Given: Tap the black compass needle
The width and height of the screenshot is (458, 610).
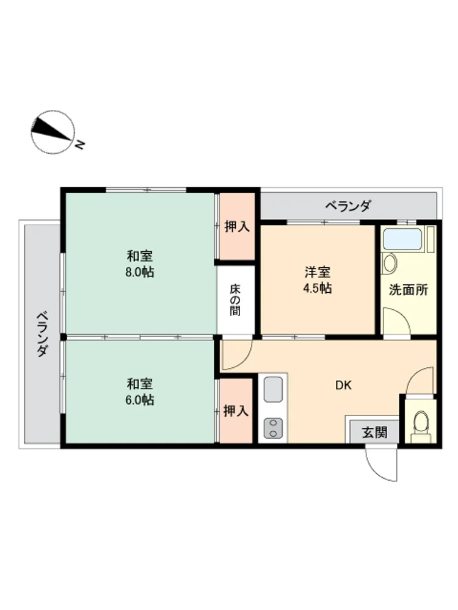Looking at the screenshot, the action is [52, 127].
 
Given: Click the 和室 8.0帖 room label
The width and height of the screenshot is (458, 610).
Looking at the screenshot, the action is [139, 264].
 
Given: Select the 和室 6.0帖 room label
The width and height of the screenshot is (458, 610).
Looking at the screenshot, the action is [139, 392].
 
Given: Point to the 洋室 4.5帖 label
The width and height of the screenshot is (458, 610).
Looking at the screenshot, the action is [318, 280].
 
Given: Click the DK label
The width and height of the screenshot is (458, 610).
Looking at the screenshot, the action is [343, 385].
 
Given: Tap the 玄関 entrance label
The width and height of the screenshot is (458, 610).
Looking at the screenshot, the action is [375, 432].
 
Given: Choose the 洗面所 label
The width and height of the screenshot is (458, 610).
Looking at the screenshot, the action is [409, 289].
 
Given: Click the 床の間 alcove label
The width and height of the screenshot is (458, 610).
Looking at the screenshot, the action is [235, 300].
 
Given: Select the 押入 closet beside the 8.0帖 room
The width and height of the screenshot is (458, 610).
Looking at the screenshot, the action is [237, 226].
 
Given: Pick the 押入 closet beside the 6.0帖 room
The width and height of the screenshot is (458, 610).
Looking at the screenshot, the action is [236, 411].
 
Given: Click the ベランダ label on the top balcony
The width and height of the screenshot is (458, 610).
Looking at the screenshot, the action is [348, 206].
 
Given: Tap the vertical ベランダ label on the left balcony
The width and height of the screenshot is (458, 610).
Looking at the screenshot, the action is [43, 334].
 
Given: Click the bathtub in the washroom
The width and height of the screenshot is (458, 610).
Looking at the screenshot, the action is [402, 239].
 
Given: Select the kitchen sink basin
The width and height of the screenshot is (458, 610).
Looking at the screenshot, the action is [273, 389].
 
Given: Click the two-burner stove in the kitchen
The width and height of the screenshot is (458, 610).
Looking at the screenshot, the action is [273, 428].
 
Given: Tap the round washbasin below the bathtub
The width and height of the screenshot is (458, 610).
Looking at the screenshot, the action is [389, 263].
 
